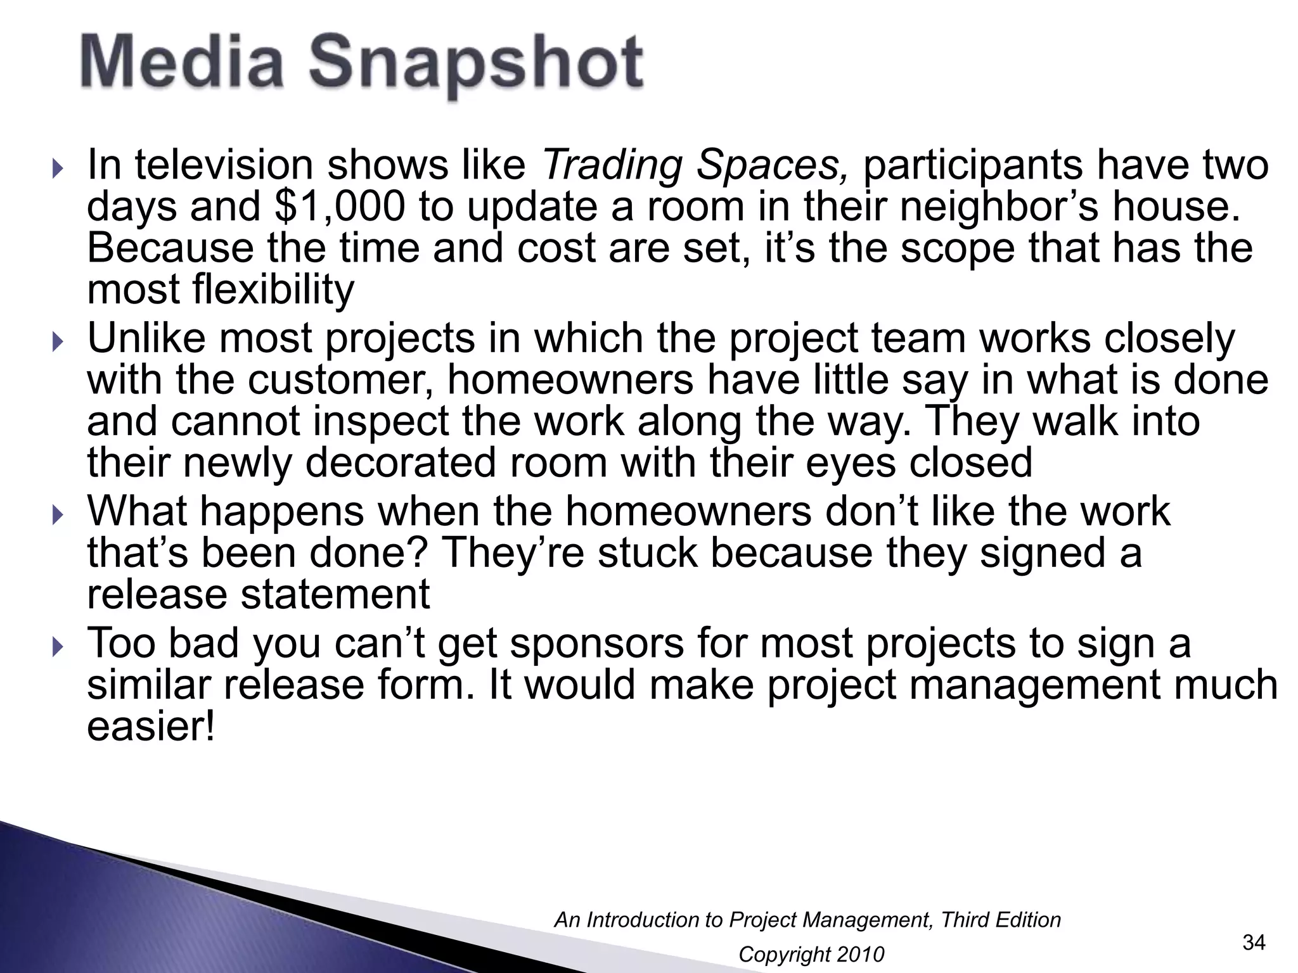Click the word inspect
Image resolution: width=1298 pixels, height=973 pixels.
click(381, 421)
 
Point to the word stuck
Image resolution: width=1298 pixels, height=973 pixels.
click(647, 552)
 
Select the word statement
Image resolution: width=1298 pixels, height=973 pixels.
click(342, 594)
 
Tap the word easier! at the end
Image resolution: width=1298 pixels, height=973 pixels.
click(151, 727)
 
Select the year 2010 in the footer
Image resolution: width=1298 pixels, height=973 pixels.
click(859, 954)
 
